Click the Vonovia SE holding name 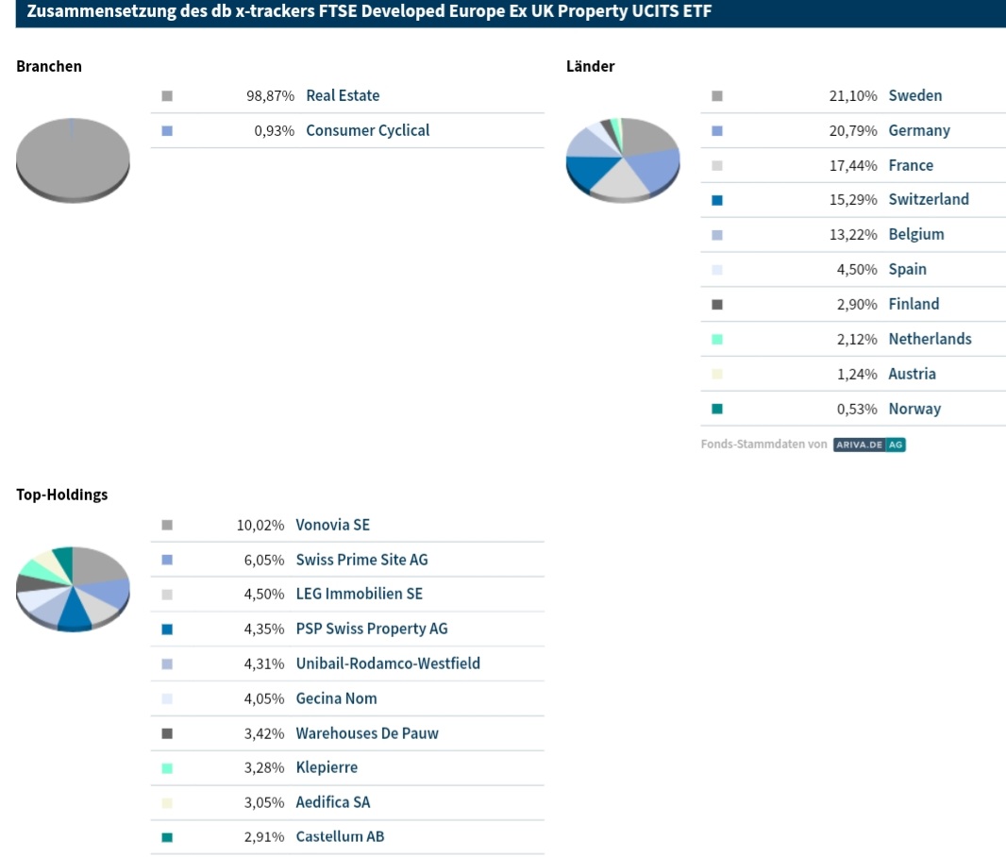[332, 525]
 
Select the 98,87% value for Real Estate [270, 95]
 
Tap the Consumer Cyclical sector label [367, 130]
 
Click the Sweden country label [914, 95]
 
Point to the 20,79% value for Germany [853, 130]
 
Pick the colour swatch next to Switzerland [717, 200]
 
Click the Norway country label [914, 409]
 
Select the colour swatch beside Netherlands [717, 339]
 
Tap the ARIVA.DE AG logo [869, 444]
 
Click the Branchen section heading [49, 66]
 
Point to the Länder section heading [591, 66]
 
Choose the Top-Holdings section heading [62, 495]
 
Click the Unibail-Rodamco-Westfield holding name [388, 664]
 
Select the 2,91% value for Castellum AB [264, 836]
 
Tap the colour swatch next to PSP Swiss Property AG [167, 630]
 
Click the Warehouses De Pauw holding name [367, 733]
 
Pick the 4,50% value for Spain [857, 269]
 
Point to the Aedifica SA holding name [332, 802]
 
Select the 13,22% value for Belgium [853, 234]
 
